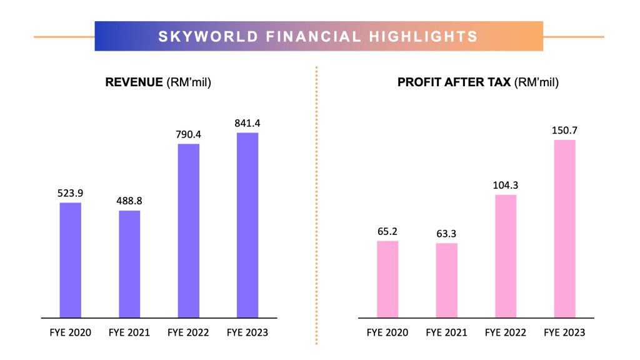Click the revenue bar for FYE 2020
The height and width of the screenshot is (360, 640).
coord(70,259)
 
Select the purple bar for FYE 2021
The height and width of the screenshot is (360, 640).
coord(129,264)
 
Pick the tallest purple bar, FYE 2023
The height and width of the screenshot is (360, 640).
coord(247,224)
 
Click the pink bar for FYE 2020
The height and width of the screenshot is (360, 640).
coord(387,279)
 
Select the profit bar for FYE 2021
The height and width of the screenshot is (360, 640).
coord(446,280)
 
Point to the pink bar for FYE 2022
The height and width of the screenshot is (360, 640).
coord(506,256)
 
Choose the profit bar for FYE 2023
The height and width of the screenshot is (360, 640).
coord(564,228)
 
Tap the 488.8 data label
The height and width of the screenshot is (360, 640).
coord(129,201)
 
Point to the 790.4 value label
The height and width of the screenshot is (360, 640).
coord(189,134)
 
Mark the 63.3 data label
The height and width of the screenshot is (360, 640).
coord(446,233)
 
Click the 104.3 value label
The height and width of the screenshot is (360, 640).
coord(506,184)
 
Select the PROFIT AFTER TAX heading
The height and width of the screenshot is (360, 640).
coord(454,82)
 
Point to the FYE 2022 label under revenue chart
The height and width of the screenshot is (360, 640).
coord(189,332)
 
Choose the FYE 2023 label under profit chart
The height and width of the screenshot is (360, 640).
coord(564,332)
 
